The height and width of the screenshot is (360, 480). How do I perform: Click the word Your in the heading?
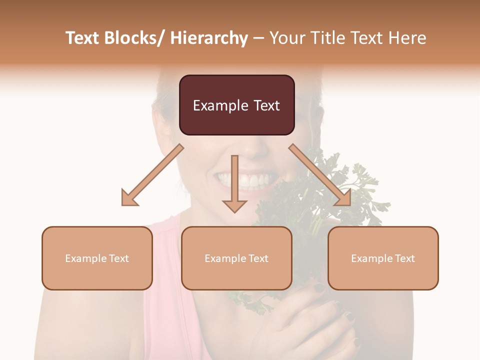click(x=284, y=38)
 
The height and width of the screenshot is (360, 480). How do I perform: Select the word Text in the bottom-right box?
click(x=404, y=258)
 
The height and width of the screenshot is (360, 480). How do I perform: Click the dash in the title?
click(x=258, y=38)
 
